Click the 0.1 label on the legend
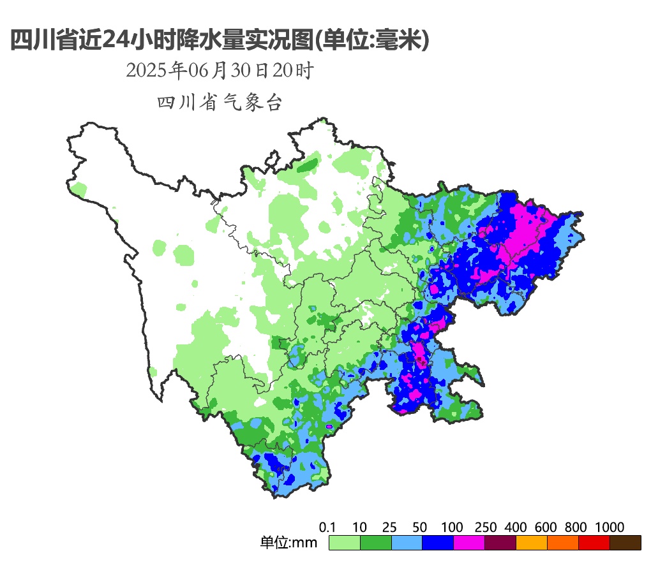[x=327, y=527]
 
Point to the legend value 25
[x=390, y=527]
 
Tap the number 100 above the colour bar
[x=452, y=527]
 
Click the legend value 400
[x=515, y=527]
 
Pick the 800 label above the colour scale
[x=576, y=527]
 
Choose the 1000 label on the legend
[x=610, y=527]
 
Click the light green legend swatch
[x=344, y=543]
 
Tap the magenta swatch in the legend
[x=468, y=543]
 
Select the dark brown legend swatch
[x=625, y=543]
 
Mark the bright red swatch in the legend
[x=594, y=543]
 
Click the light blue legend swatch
[x=407, y=543]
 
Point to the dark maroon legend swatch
[x=500, y=543]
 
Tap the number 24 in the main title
[x=117, y=40]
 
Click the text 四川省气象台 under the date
[x=219, y=103]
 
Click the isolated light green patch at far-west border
[x=79, y=189]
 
